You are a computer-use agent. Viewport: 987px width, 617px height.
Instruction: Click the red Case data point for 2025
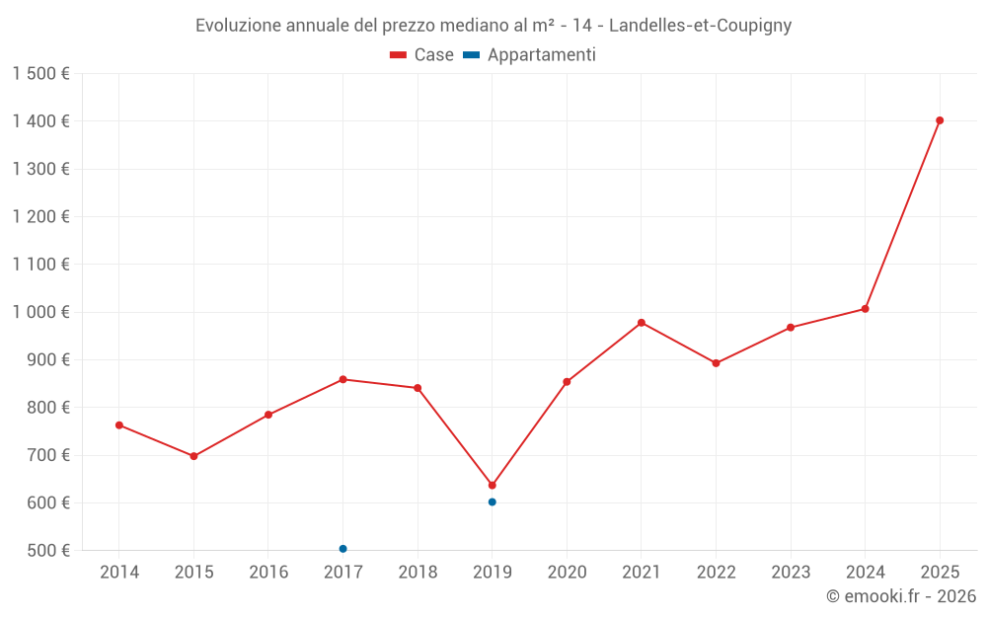click(940, 120)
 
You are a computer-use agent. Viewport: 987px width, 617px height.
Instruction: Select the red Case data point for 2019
click(492, 485)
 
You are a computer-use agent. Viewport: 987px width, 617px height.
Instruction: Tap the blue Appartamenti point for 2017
click(342, 549)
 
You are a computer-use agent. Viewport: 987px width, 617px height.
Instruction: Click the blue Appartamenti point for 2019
click(492, 501)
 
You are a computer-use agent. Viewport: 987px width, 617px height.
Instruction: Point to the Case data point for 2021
click(642, 323)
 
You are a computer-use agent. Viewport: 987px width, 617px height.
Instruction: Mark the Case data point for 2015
click(193, 456)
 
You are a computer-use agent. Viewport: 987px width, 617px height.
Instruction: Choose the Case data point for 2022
click(716, 363)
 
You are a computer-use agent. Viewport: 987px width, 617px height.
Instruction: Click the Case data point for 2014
click(119, 425)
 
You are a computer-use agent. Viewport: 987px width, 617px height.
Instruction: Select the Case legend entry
click(421, 55)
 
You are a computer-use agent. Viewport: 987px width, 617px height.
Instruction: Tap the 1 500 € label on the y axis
click(41, 74)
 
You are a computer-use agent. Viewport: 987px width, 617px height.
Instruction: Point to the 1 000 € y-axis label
click(41, 312)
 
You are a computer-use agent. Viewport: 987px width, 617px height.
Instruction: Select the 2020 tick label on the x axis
click(567, 573)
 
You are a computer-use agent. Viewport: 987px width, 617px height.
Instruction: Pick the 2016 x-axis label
click(268, 573)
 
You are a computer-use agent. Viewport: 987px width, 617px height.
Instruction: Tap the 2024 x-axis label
click(865, 573)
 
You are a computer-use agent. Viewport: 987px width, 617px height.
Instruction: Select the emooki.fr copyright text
click(900, 596)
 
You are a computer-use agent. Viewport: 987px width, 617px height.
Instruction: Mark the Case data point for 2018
click(418, 388)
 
